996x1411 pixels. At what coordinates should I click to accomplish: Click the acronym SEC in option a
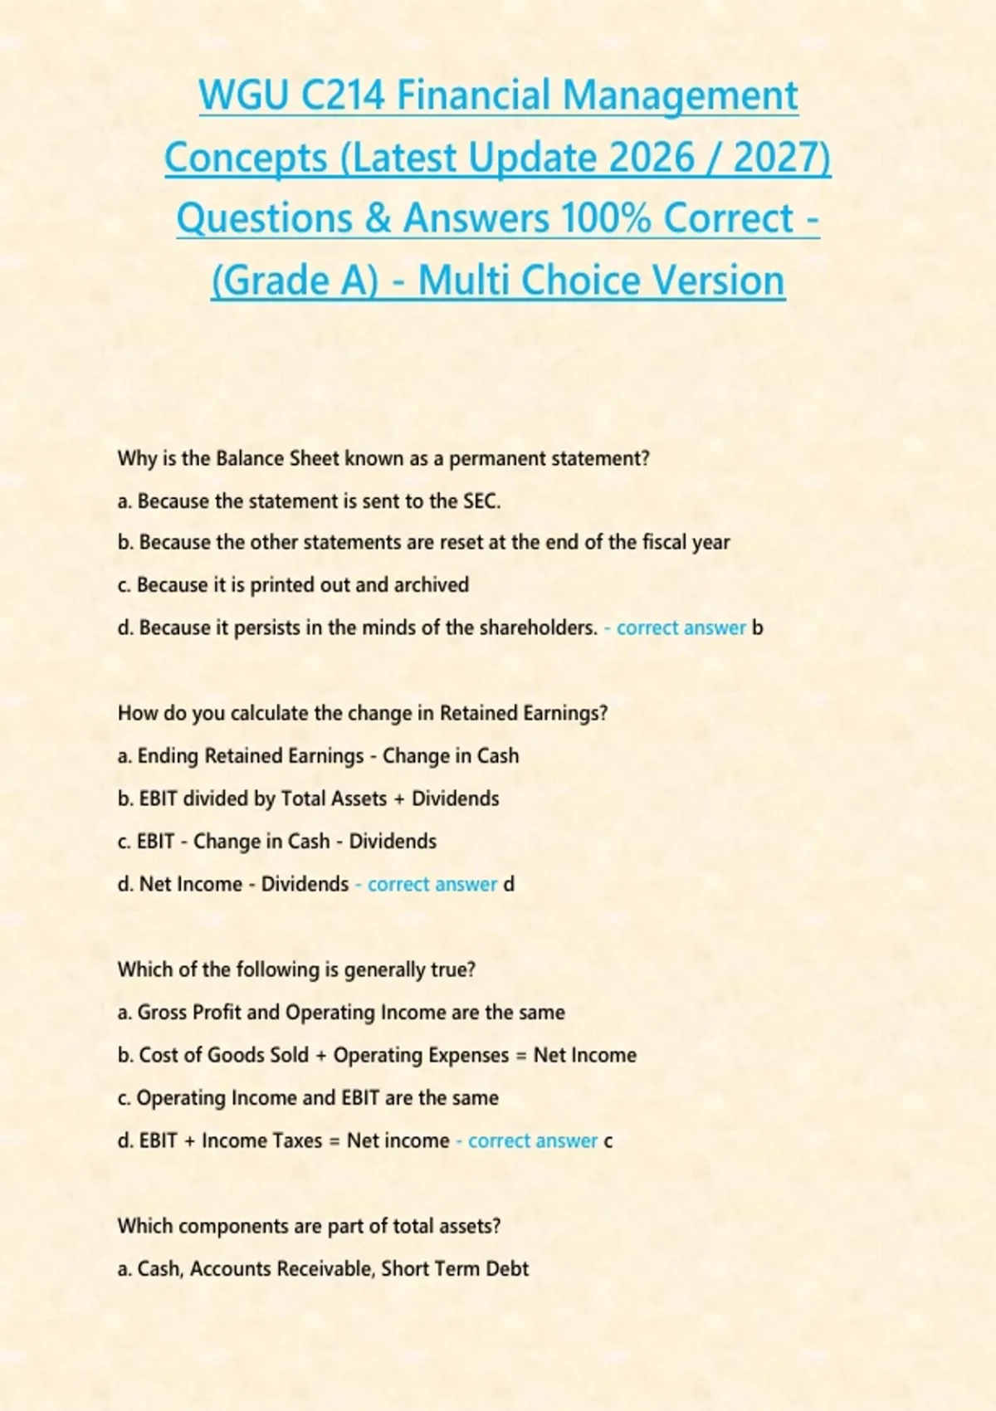coord(481,501)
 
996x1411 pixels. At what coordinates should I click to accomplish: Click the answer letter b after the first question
coord(757,627)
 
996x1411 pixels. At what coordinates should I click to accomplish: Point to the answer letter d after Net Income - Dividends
coord(509,884)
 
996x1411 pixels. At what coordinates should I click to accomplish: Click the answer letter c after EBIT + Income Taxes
coord(608,1141)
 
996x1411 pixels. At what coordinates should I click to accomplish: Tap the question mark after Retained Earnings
coord(603,713)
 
